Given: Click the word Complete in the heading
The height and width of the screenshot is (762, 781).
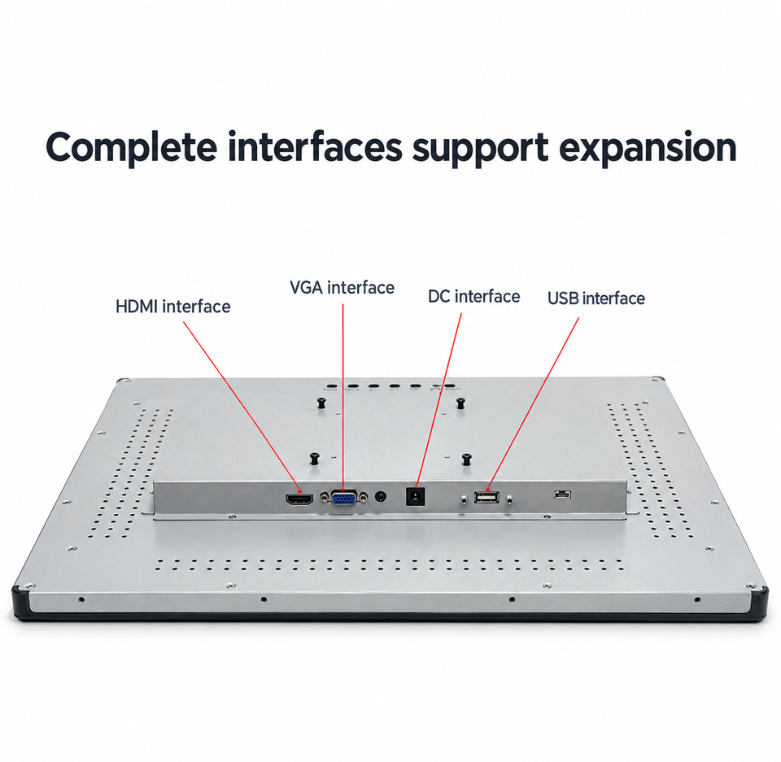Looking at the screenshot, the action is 132,148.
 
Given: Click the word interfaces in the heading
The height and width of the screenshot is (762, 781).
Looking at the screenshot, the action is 315,147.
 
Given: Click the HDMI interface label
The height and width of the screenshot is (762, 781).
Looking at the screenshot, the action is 172,307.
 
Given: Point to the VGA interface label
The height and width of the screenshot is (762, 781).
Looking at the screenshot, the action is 342,287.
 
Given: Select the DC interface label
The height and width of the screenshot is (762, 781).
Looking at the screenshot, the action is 473,296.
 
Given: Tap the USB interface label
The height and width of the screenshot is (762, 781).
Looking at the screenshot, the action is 596,298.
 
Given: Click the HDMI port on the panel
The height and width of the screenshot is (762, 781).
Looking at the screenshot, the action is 299,499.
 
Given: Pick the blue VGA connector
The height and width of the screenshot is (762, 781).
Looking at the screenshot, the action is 343,498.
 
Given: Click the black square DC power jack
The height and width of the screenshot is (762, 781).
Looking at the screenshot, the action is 416,497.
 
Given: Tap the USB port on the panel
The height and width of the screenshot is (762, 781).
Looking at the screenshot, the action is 486,497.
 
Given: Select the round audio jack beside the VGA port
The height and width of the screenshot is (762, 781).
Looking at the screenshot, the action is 381,497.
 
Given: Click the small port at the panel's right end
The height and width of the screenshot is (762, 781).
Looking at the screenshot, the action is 562,494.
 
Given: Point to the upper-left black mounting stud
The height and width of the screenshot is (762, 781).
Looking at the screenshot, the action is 322,403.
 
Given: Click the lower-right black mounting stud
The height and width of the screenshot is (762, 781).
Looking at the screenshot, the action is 467,459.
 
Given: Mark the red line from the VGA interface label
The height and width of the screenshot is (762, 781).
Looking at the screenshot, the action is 343,397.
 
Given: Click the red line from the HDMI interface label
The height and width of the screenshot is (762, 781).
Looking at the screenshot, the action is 242,407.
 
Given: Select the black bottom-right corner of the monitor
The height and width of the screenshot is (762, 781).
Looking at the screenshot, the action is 759,603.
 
